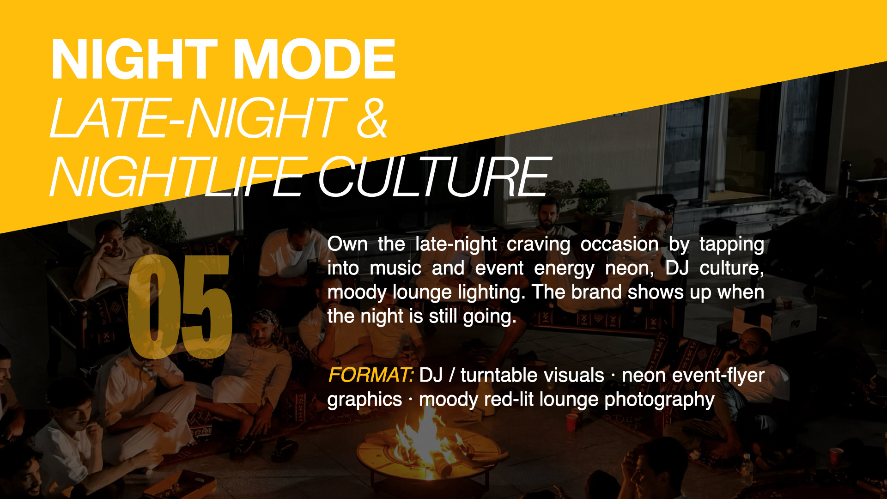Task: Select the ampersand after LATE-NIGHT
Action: [x=372, y=118]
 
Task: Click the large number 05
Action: [x=180, y=306]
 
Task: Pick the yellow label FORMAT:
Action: [x=371, y=375]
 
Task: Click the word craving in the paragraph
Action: [x=538, y=245]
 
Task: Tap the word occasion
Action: [x=620, y=244]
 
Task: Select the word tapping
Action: [x=732, y=245]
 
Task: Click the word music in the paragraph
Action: [x=395, y=268]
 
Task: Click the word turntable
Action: [x=532, y=375]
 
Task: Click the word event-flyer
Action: [x=718, y=375]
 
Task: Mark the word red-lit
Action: [x=509, y=399]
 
